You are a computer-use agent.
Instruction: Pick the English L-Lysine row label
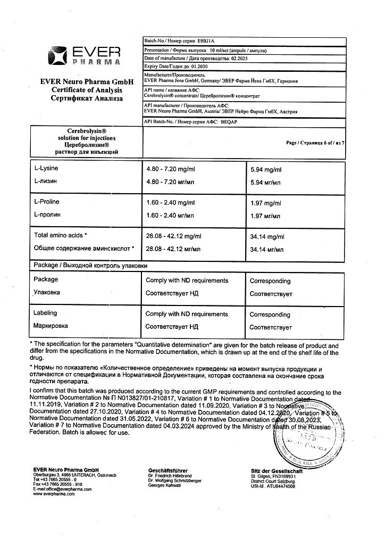point(46,169)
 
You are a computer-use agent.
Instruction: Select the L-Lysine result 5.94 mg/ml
point(266,170)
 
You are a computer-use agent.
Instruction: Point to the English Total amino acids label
point(59,235)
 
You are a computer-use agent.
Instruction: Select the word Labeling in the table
point(45,313)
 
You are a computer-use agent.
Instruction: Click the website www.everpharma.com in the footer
point(52,494)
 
